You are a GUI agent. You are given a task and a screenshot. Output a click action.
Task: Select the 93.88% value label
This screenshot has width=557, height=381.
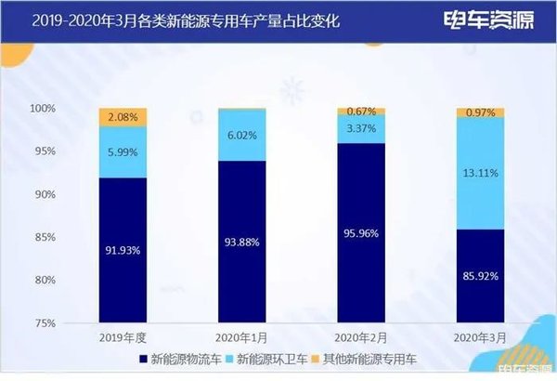tap(241, 243)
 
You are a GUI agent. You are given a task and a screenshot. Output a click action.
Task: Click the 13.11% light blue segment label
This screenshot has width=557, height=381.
tap(481, 171)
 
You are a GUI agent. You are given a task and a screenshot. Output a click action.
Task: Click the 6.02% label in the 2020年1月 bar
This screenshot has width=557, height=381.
tap(241, 135)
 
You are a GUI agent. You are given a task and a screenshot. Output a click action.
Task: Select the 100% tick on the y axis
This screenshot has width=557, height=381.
tap(71, 109)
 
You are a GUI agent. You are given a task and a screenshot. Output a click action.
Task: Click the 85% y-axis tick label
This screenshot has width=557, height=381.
tap(73, 237)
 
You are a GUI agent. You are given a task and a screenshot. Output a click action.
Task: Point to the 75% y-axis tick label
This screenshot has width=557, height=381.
tap(73, 322)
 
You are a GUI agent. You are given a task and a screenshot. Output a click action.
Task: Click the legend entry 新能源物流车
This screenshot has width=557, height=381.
tap(174, 359)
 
